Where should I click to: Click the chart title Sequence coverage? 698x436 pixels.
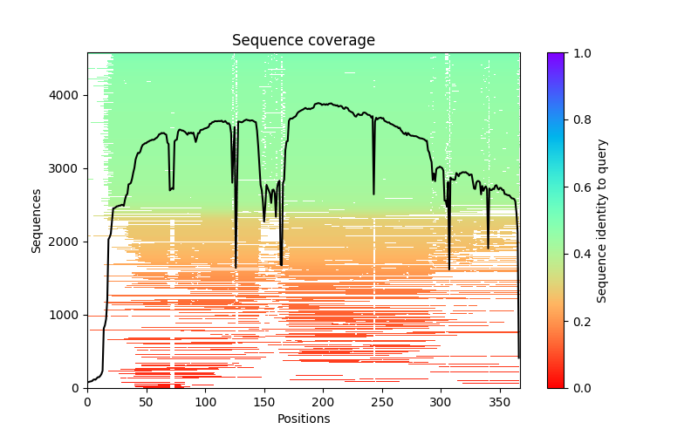[x=303, y=40]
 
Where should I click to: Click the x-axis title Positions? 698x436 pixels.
[x=303, y=419]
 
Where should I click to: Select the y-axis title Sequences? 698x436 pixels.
[x=37, y=220]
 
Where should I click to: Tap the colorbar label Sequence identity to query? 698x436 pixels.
[x=602, y=220]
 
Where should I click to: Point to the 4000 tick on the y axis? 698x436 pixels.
[x=70, y=95]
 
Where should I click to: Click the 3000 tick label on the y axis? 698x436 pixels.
[x=70, y=168]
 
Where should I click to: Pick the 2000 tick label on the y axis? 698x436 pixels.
[x=70, y=242]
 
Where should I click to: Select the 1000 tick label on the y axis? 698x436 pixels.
[x=70, y=315]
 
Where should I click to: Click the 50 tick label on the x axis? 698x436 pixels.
[x=146, y=401]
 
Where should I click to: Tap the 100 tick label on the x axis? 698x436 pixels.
[x=205, y=401]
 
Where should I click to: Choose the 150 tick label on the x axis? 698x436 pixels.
[x=263, y=401]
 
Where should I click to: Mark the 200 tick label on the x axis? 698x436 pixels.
[x=323, y=401]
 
